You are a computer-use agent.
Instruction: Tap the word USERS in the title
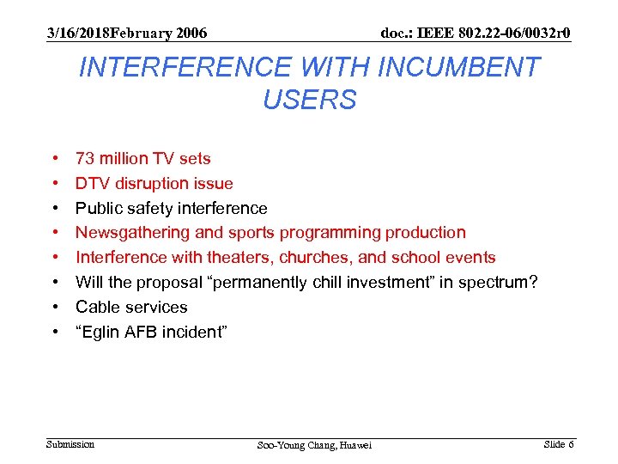309,101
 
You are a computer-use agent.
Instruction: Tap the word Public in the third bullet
99,208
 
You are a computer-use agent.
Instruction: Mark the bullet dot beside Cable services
54,307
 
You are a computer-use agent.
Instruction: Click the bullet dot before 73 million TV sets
54,159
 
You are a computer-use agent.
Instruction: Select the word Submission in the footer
70,444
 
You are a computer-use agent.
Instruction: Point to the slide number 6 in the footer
571,444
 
